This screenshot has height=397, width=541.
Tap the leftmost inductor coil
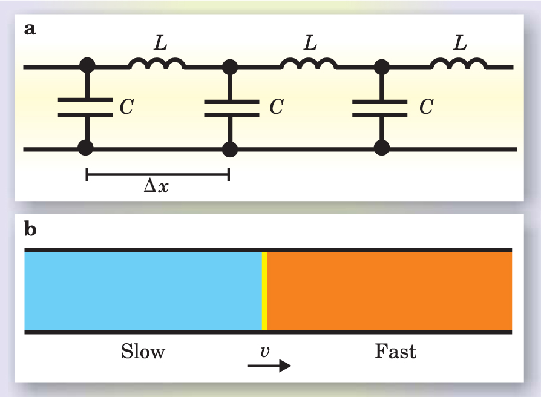point(157,63)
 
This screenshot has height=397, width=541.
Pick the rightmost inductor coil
point(458,63)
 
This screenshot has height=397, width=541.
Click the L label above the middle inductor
point(310,43)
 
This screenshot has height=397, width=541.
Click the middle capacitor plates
point(230,107)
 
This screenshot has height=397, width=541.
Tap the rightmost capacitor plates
point(381,107)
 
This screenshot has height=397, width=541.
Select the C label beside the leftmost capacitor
point(127,108)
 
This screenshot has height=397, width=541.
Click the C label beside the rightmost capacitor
point(427,108)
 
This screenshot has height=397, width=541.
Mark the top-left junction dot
point(88,64)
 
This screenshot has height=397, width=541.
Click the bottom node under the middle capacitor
point(230,148)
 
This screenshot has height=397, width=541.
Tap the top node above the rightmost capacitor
point(381,64)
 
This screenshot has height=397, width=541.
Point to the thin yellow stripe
point(264,291)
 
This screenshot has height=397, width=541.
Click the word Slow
point(143,352)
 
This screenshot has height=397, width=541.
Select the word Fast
point(396,352)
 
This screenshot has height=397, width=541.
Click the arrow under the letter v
point(269,366)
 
